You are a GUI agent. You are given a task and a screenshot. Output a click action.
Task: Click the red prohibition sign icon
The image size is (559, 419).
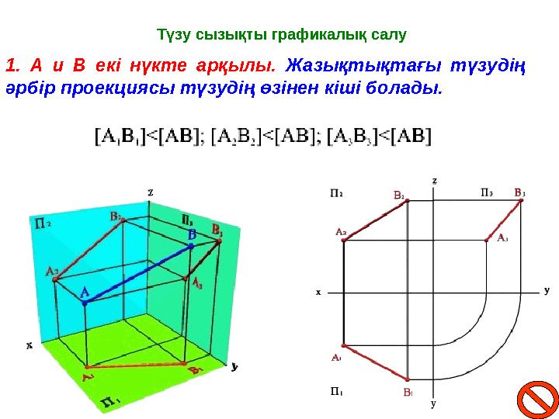(x=536, y=399)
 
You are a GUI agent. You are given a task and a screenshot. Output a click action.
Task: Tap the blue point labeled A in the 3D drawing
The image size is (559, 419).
(x=85, y=303)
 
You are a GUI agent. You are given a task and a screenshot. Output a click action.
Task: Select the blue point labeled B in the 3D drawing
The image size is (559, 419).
(x=191, y=245)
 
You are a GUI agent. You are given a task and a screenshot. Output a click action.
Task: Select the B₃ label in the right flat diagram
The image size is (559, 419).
(x=519, y=191)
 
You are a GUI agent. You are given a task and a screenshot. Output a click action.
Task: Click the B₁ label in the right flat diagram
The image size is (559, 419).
(x=407, y=393)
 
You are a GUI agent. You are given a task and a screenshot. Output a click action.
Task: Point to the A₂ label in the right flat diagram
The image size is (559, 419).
(x=340, y=231)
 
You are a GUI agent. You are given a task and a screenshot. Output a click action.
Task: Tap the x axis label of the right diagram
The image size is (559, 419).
(x=318, y=293)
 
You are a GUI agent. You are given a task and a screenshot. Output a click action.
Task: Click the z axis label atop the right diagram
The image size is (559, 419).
(x=434, y=180)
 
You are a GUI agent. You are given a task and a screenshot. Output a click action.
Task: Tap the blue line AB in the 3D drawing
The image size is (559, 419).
(x=138, y=274)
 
